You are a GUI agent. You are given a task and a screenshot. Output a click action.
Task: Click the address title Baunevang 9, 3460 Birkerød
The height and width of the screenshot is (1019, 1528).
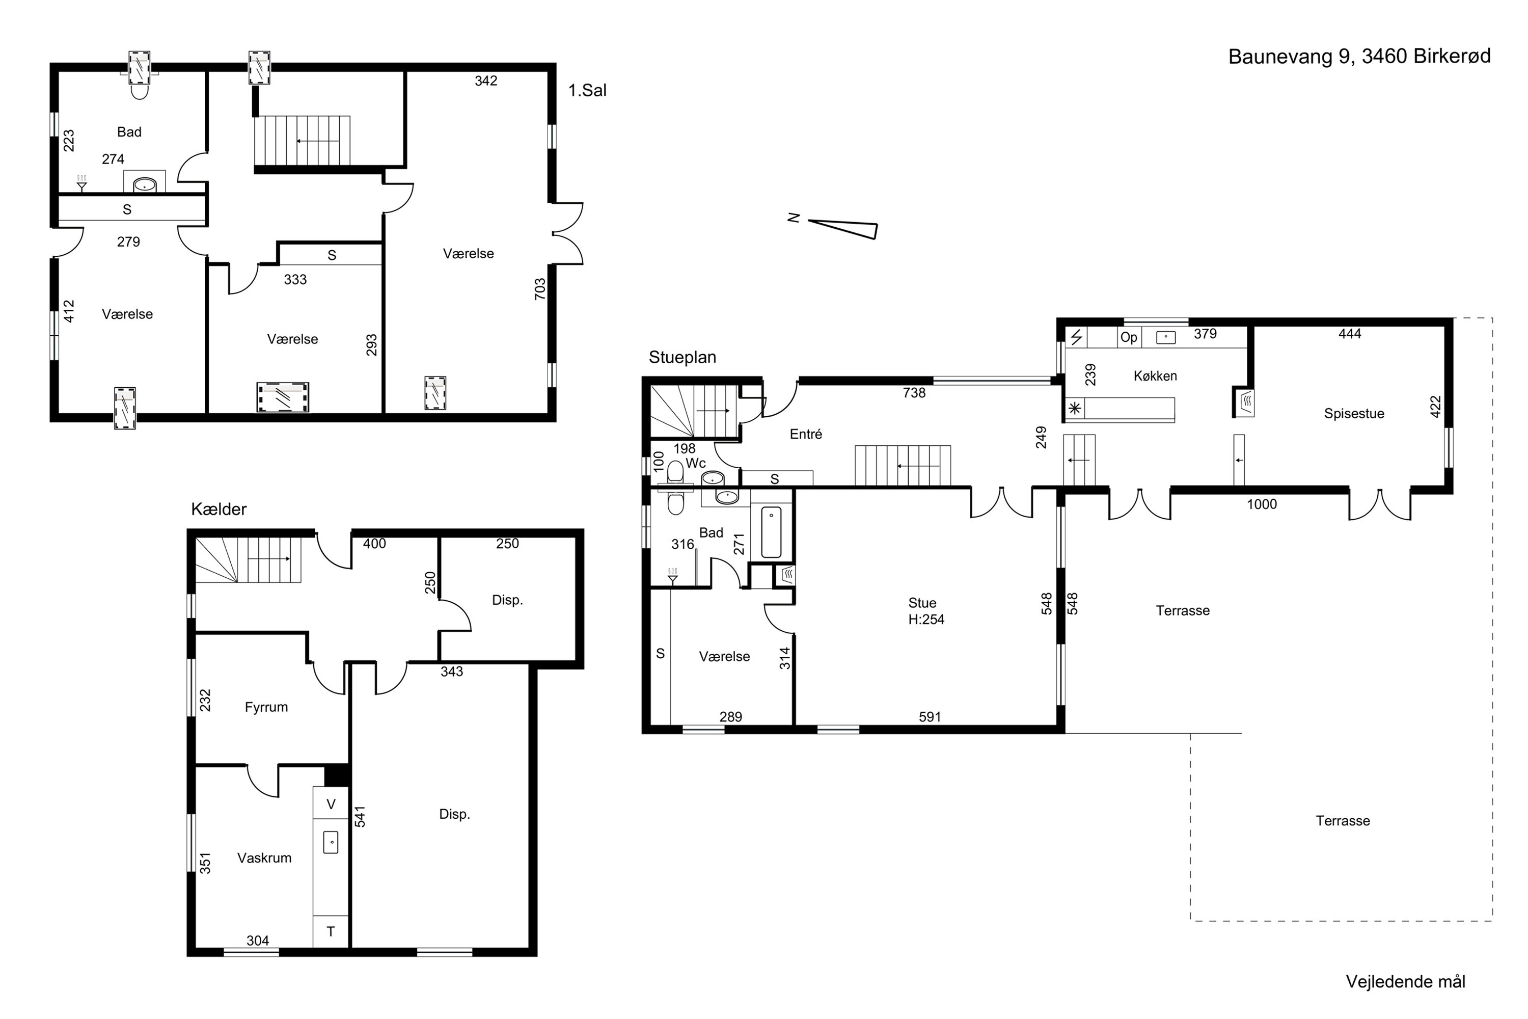point(1359,57)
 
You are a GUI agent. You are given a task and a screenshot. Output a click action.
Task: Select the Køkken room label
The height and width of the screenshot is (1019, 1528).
point(1155,376)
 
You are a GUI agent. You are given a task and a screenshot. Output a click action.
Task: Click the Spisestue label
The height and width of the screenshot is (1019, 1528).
point(1354,413)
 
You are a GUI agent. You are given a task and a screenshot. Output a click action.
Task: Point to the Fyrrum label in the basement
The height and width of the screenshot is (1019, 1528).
point(266,707)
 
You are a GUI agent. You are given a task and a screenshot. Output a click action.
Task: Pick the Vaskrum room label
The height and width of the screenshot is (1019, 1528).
point(264,858)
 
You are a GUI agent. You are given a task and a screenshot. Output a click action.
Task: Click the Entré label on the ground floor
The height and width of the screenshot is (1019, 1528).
point(806,434)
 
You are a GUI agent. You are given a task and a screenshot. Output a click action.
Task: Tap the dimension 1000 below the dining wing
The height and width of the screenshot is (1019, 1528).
point(1262,504)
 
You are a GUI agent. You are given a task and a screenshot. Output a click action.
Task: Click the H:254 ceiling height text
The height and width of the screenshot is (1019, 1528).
point(926,620)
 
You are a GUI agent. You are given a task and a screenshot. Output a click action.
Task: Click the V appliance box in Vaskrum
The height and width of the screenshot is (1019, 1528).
point(331,804)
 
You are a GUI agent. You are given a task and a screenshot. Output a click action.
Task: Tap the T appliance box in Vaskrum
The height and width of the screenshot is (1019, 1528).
point(331,932)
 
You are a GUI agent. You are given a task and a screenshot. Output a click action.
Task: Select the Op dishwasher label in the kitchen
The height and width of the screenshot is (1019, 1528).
point(1129,337)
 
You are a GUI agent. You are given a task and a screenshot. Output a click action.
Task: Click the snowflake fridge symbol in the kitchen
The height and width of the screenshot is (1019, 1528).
point(1075,409)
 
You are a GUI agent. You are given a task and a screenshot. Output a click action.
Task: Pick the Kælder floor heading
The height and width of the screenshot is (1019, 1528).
point(219,509)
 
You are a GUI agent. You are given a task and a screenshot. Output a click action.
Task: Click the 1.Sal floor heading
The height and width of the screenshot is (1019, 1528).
point(587,90)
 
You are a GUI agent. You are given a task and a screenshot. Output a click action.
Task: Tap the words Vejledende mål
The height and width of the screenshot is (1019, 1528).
point(1405,981)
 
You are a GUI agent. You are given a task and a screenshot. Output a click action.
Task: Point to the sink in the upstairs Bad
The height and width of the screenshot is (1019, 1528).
point(144,185)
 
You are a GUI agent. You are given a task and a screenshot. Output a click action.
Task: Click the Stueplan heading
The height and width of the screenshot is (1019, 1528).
point(682,358)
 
